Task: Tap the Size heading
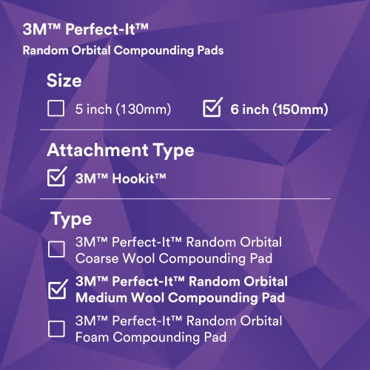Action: click(x=64, y=80)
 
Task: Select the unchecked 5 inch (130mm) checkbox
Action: click(x=55, y=110)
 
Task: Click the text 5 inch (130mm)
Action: click(x=123, y=110)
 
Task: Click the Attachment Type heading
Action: click(x=121, y=150)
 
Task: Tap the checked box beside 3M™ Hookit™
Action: click(x=56, y=178)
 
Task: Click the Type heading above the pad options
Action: click(x=71, y=219)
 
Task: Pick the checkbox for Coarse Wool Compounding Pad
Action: click(x=56, y=249)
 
